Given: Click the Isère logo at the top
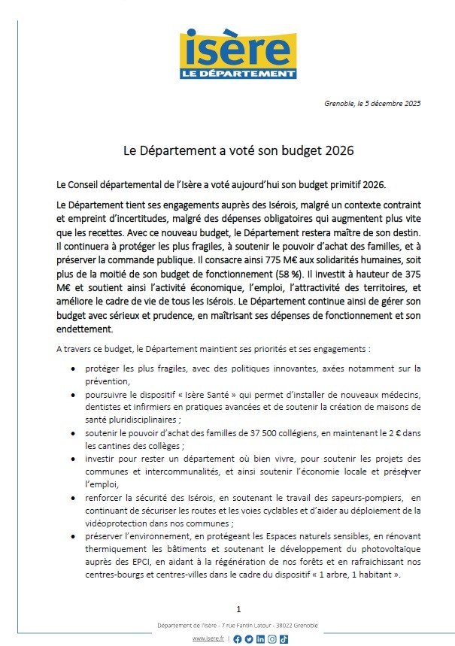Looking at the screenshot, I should pyautogui.click(x=238, y=55).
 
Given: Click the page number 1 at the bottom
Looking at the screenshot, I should pyautogui.click(x=238, y=609).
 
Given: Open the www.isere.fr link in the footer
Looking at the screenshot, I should pyautogui.click(x=208, y=639).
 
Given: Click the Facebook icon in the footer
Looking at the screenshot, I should pyautogui.click(x=238, y=639).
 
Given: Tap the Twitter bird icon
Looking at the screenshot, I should pyautogui.click(x=249, y=639).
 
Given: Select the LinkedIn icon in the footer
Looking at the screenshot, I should pyautogui.click(x=260, y=639).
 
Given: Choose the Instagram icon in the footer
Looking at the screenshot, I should pyautogui.click(x=271, y=639).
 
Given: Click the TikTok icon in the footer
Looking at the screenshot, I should pyautogui.click(x=284, y=639).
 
